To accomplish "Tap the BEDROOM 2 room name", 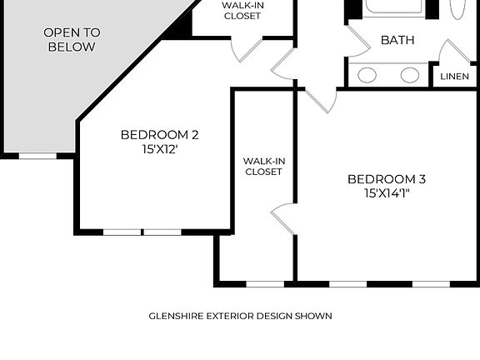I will point(159,134).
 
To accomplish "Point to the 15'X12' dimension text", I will point(159,150).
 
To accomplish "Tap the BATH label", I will point(397,40).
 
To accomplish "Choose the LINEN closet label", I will point(454,77).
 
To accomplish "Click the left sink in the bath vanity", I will point(367,75).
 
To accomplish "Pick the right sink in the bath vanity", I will point(409,75).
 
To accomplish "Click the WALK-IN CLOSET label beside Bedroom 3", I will point(262,166).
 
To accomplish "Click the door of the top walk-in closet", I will point(248,49).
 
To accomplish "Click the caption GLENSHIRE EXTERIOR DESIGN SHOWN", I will point(240,316).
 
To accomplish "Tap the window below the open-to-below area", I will point(37,155).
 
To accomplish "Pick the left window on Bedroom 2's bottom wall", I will point(122,232).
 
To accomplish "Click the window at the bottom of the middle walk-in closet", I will point(264,284).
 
